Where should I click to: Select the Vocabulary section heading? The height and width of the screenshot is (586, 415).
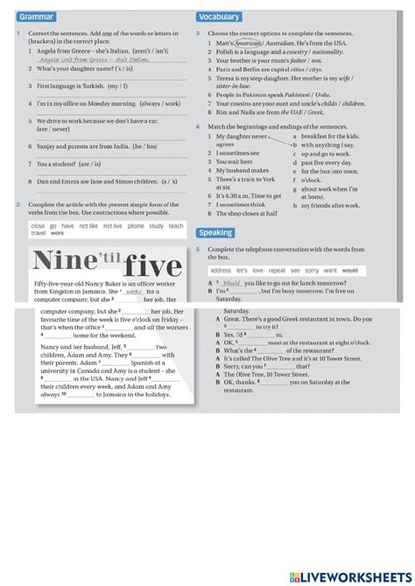point(219,17)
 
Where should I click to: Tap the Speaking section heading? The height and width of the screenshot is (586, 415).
point(215,233)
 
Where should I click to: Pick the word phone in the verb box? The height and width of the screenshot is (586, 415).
point(135,226)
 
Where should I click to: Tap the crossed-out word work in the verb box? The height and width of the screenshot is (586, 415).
point(58,234)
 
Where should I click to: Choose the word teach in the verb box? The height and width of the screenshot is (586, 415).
point(176,226)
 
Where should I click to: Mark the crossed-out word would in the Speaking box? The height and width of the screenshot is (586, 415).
point(349,272)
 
